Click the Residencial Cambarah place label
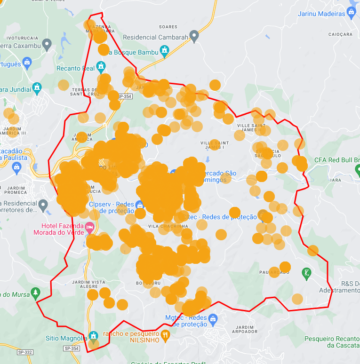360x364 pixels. point(155,37)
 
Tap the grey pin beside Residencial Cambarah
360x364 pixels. point(194,36)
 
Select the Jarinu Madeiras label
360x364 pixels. point(321,14)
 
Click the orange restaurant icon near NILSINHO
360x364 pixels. point(165,335)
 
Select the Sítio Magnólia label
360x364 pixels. point(66,338)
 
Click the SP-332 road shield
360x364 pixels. point(25,352)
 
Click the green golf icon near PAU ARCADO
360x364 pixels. point(306,272)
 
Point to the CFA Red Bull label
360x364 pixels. point(336,160)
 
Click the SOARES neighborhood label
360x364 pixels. point(168,27)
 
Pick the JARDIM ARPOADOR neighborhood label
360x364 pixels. point(245,329)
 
